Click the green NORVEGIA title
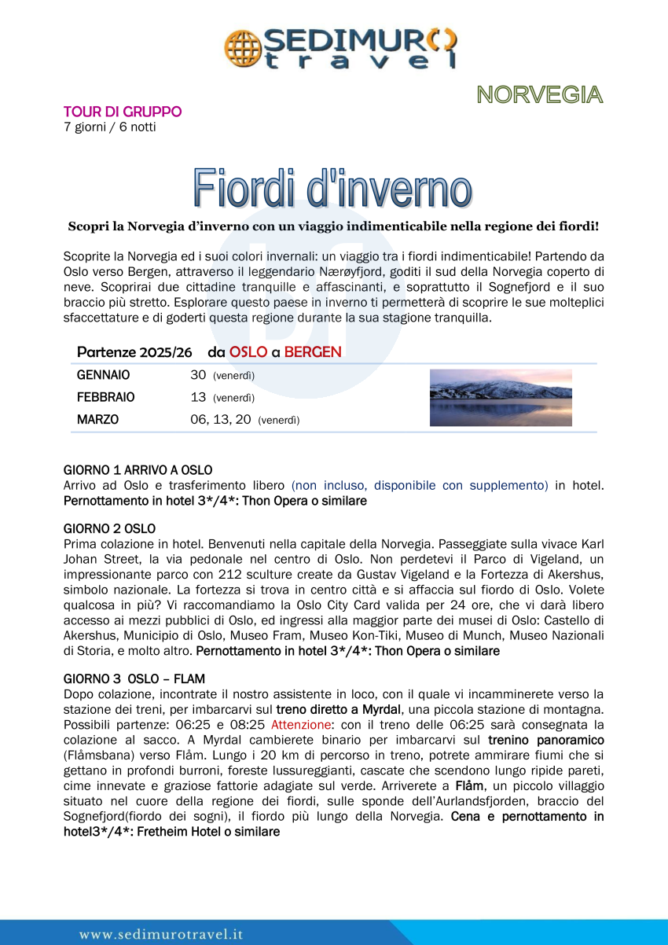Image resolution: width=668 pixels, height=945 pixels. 539,95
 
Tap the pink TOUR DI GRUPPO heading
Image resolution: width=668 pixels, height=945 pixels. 123,112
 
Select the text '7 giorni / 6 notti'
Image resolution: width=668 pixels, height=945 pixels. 109,127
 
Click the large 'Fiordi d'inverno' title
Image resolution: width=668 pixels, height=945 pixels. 333,189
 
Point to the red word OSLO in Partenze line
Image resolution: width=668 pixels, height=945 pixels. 248,352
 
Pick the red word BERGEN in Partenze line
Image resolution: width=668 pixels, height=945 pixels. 313,352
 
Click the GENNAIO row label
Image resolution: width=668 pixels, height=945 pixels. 104,376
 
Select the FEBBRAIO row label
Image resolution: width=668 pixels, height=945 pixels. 106,398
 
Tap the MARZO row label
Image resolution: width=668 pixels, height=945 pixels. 98,420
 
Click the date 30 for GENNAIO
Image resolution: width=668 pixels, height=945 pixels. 198,376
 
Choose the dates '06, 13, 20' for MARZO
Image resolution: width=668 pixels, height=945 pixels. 221,420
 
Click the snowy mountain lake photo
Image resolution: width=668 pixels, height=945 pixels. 501,398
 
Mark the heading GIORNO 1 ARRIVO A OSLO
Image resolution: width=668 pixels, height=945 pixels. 138,470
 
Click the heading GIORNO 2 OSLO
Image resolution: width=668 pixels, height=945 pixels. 109,528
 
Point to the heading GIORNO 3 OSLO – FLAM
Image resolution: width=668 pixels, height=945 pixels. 134,678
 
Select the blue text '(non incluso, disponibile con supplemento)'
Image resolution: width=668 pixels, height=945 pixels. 420,485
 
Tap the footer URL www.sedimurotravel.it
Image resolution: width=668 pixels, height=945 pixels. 161,934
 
